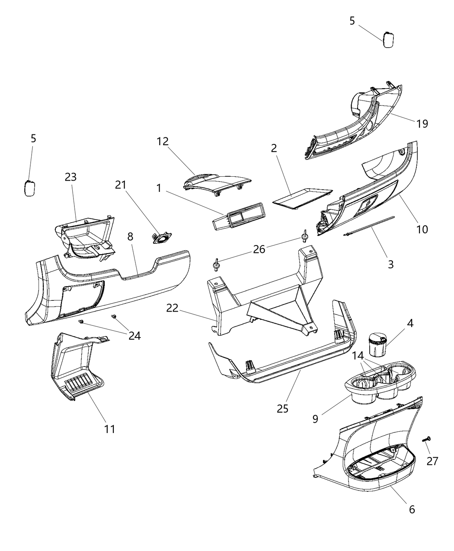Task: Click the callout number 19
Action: coord(422,124)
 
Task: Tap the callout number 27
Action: coord(432,461)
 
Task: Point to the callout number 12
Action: coord(163,141)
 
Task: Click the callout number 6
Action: coord(412,510)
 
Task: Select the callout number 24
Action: coord(134,335)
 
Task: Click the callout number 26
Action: coord(259,250)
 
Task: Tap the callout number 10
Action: coord(422,229)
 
